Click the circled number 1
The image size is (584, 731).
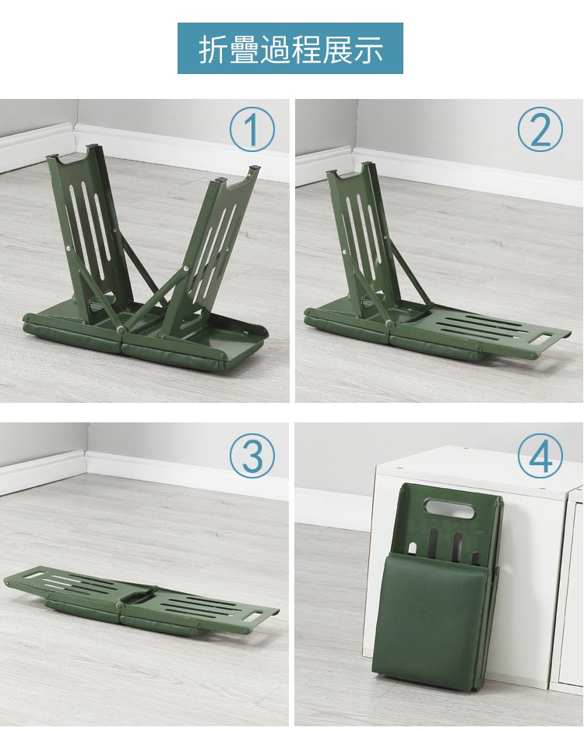click(x=252, y=129)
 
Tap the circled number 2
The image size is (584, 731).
click(x=540, y=129)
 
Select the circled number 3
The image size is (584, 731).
click(x=252, y=455)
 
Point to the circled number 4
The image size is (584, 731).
click(x=540, y=455)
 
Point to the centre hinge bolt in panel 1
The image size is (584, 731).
click(x=121, y=330)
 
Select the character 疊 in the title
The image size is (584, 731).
click(x=244, y=48)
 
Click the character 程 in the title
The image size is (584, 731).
click(x=306, y=48)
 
